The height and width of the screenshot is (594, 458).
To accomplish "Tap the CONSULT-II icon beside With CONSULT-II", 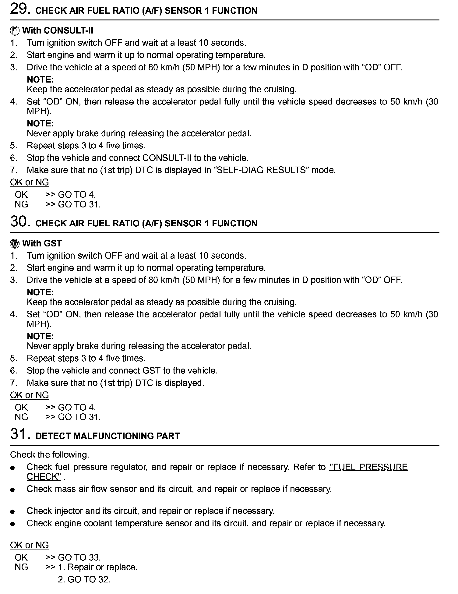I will coord(15,31).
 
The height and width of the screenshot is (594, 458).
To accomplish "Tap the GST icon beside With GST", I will coord(15,244).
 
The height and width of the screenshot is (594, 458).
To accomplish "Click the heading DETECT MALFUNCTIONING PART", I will coord(107,436).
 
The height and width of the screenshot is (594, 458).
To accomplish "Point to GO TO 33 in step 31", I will coord(79,557).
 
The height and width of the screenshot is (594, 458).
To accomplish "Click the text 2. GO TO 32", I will coord(84,579).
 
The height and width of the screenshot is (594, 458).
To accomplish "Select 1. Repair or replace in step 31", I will coord(98,567).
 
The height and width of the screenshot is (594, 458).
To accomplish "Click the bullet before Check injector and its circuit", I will coord(12,511).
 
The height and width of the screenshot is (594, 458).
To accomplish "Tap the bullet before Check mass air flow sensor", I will coord(12,490).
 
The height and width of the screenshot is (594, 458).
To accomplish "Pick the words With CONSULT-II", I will coord(58,30).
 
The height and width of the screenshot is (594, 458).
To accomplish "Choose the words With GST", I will coord(42,243).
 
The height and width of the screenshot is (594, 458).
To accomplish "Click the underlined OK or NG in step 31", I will coord(29,545).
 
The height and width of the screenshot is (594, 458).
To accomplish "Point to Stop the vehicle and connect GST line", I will coord(122,370).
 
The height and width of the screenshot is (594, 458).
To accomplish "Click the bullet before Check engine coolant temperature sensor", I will coord(12,524).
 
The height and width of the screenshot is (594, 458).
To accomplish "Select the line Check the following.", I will coord(49,454).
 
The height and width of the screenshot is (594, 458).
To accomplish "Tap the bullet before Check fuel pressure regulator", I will coord(12,468).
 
